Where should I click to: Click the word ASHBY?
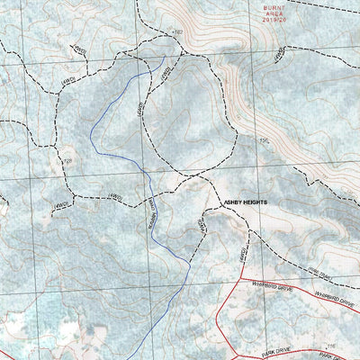pyautogui.click(x=231, y=203)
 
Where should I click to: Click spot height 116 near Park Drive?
pyautogui.click(x=331, y=345)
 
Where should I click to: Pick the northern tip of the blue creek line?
pyautogui.click(x=164, y=60)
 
